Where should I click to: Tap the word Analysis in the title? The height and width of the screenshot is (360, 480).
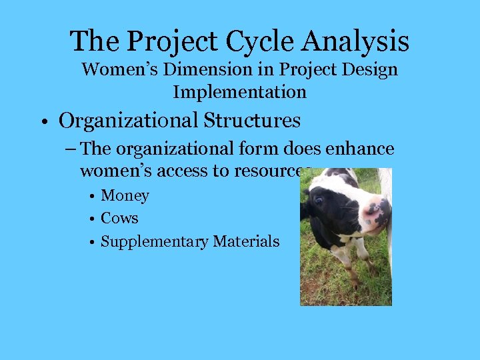coord(355,41)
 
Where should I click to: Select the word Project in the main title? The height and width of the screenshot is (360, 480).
coord(172,41)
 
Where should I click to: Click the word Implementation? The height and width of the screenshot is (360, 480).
coord(240,91)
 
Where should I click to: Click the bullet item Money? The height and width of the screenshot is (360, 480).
coord(125,196)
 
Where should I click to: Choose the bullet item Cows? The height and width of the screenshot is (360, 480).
coord(119,218)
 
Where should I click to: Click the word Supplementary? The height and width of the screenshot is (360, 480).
coord(154,241)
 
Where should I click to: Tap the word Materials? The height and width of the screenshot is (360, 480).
coord(246,241)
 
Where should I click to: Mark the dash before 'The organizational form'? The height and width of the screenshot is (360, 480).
coord(70,149)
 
